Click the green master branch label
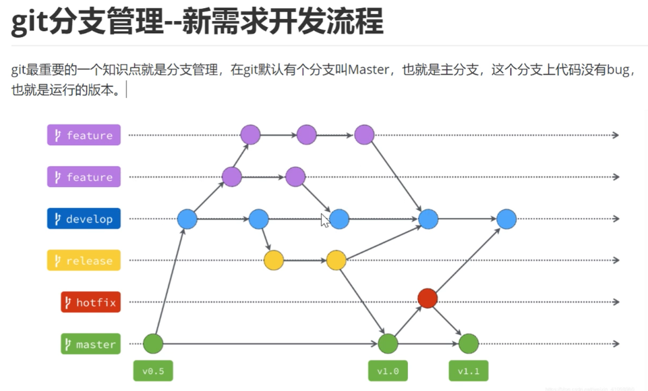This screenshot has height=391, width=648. (90, 344)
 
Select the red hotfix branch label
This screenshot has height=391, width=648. (90, 303)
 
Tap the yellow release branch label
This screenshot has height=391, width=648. (84, 261)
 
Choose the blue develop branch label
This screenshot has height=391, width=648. (84, 219)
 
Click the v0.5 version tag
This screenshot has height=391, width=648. (153, 371)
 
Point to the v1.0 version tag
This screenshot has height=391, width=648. (388, 371)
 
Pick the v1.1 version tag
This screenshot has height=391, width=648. (468, 371)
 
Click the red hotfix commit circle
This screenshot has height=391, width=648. (428, 298)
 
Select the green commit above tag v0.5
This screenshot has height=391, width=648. (154, 344)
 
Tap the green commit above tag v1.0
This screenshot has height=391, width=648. (388, 344)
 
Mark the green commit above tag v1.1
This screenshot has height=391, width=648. (468, 344)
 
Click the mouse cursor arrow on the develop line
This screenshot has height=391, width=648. (324, 220)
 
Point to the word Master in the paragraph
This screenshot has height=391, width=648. (367, 70)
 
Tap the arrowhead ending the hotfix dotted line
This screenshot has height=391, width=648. (615, 302)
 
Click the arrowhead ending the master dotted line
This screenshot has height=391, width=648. (615, 344)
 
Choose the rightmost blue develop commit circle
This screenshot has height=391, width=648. (506, 219)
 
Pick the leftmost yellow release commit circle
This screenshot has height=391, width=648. (274, 261)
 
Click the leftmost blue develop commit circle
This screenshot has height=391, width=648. (187, 219)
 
